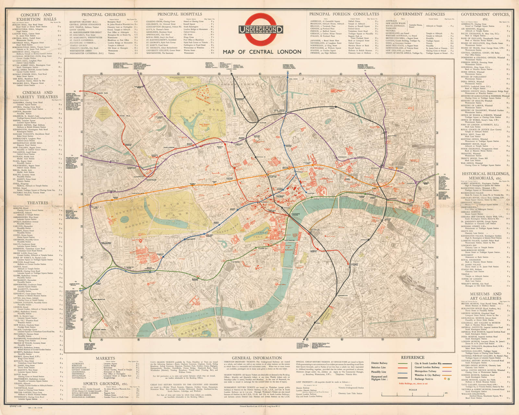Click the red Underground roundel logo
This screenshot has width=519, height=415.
point(261,30)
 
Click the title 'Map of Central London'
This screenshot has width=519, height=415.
point(262,52)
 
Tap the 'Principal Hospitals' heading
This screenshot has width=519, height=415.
point(179,14)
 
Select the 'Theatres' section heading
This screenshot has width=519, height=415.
point(38,203)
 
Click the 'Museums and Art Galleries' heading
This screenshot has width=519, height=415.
point(486,296)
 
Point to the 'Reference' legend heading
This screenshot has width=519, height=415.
point(412,358)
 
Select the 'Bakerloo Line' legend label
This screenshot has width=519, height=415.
point(379,367)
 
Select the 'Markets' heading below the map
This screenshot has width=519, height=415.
point(105,358)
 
